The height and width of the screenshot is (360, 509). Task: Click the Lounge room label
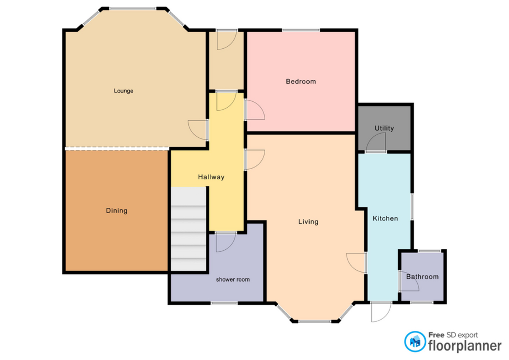[123, 91]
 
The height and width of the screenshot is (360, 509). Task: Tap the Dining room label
[116, 210]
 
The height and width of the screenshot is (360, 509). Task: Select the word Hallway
[211, 177]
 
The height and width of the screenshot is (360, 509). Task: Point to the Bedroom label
[301, 81]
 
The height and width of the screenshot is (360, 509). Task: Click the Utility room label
[384, 128]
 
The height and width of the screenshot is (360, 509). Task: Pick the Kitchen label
[385, 218]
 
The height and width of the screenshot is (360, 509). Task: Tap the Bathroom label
[422, 276]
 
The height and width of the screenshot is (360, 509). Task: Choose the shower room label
[233, 279]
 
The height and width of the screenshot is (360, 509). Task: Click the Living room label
[308, 221]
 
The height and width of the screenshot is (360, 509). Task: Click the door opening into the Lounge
[198, 130]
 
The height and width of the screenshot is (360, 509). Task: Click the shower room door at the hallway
[225, 242]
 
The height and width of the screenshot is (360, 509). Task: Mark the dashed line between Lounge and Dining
[117, 148]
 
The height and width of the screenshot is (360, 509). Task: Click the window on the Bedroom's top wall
[301, 30]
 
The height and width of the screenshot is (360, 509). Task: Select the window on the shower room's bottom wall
[224, 303]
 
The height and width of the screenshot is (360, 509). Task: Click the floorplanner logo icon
[415, 341]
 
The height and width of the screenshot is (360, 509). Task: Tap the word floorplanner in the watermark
[465, 346]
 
